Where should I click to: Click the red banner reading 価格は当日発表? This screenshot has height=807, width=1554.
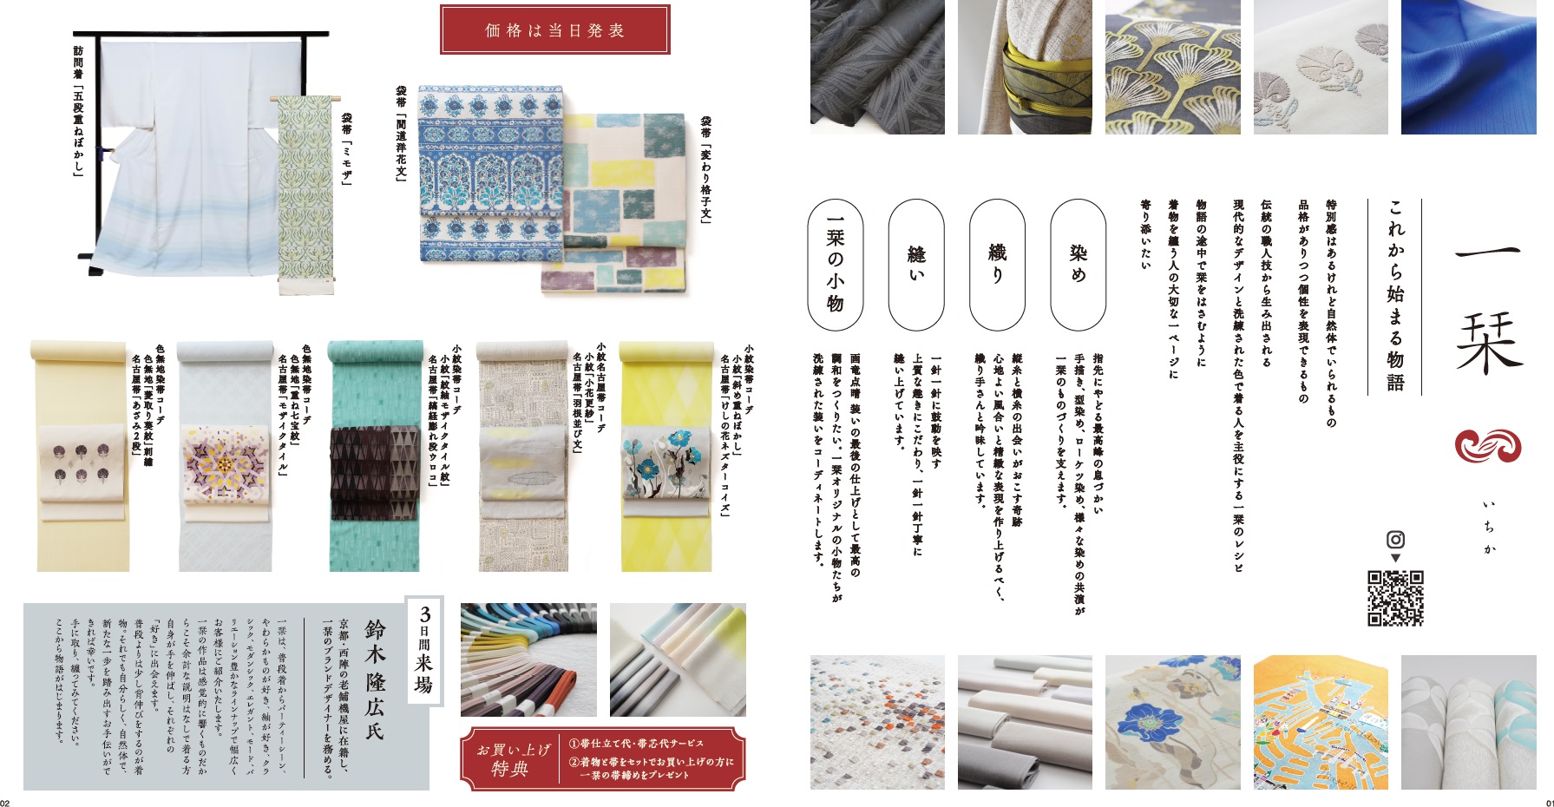pos(555,30)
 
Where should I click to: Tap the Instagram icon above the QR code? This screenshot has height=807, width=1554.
pos(1395,539)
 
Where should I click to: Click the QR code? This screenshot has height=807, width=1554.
pos(1395,598)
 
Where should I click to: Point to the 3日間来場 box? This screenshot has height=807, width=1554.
pos(425,650)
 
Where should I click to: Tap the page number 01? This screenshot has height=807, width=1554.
pos(1547,801)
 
